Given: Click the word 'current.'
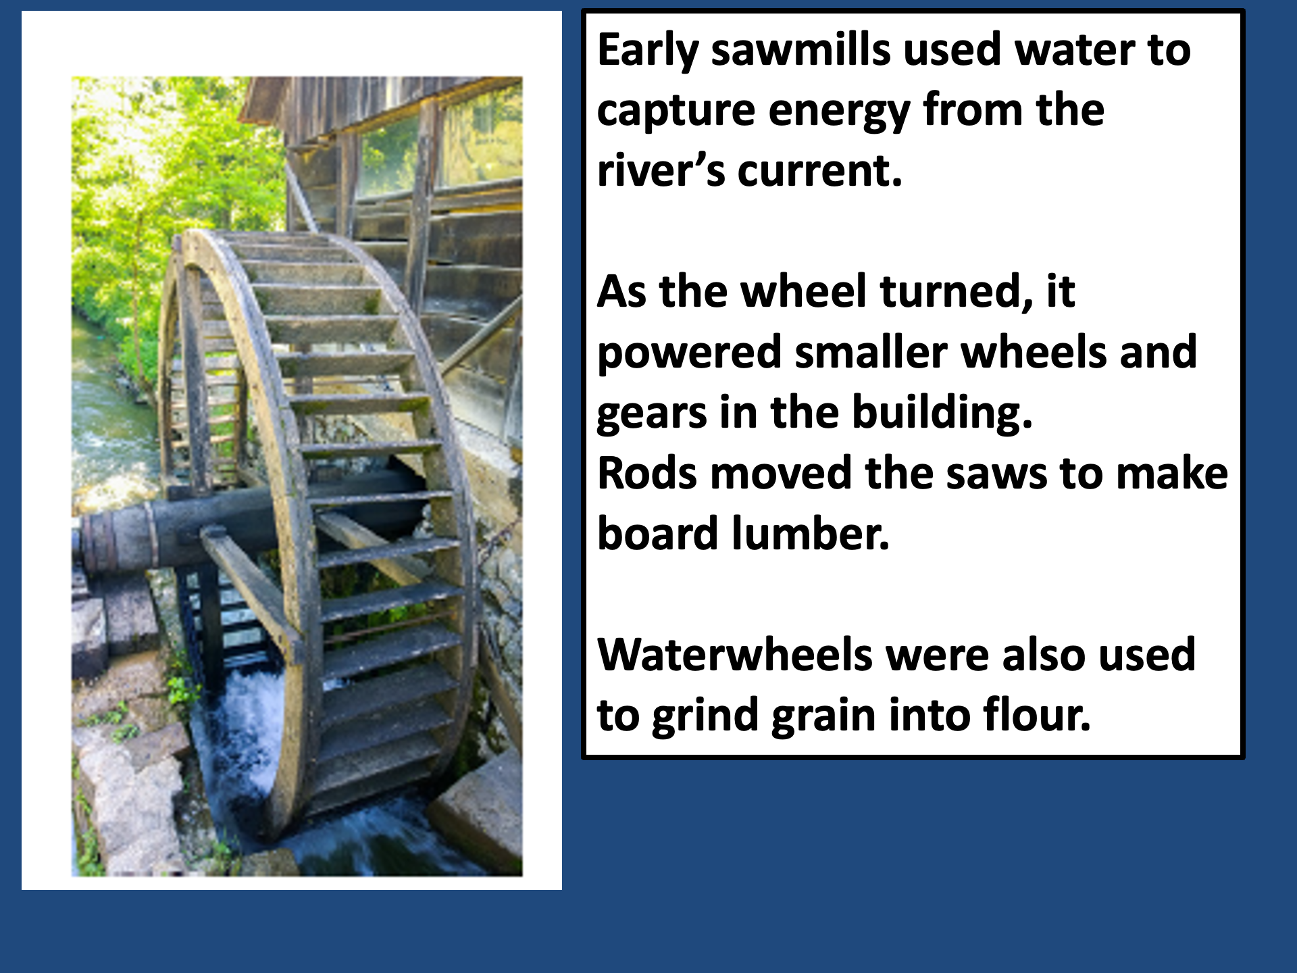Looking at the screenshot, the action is coord(820,170).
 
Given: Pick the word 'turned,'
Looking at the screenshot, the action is coord(957,291).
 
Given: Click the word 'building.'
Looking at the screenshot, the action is coord(942,413).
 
